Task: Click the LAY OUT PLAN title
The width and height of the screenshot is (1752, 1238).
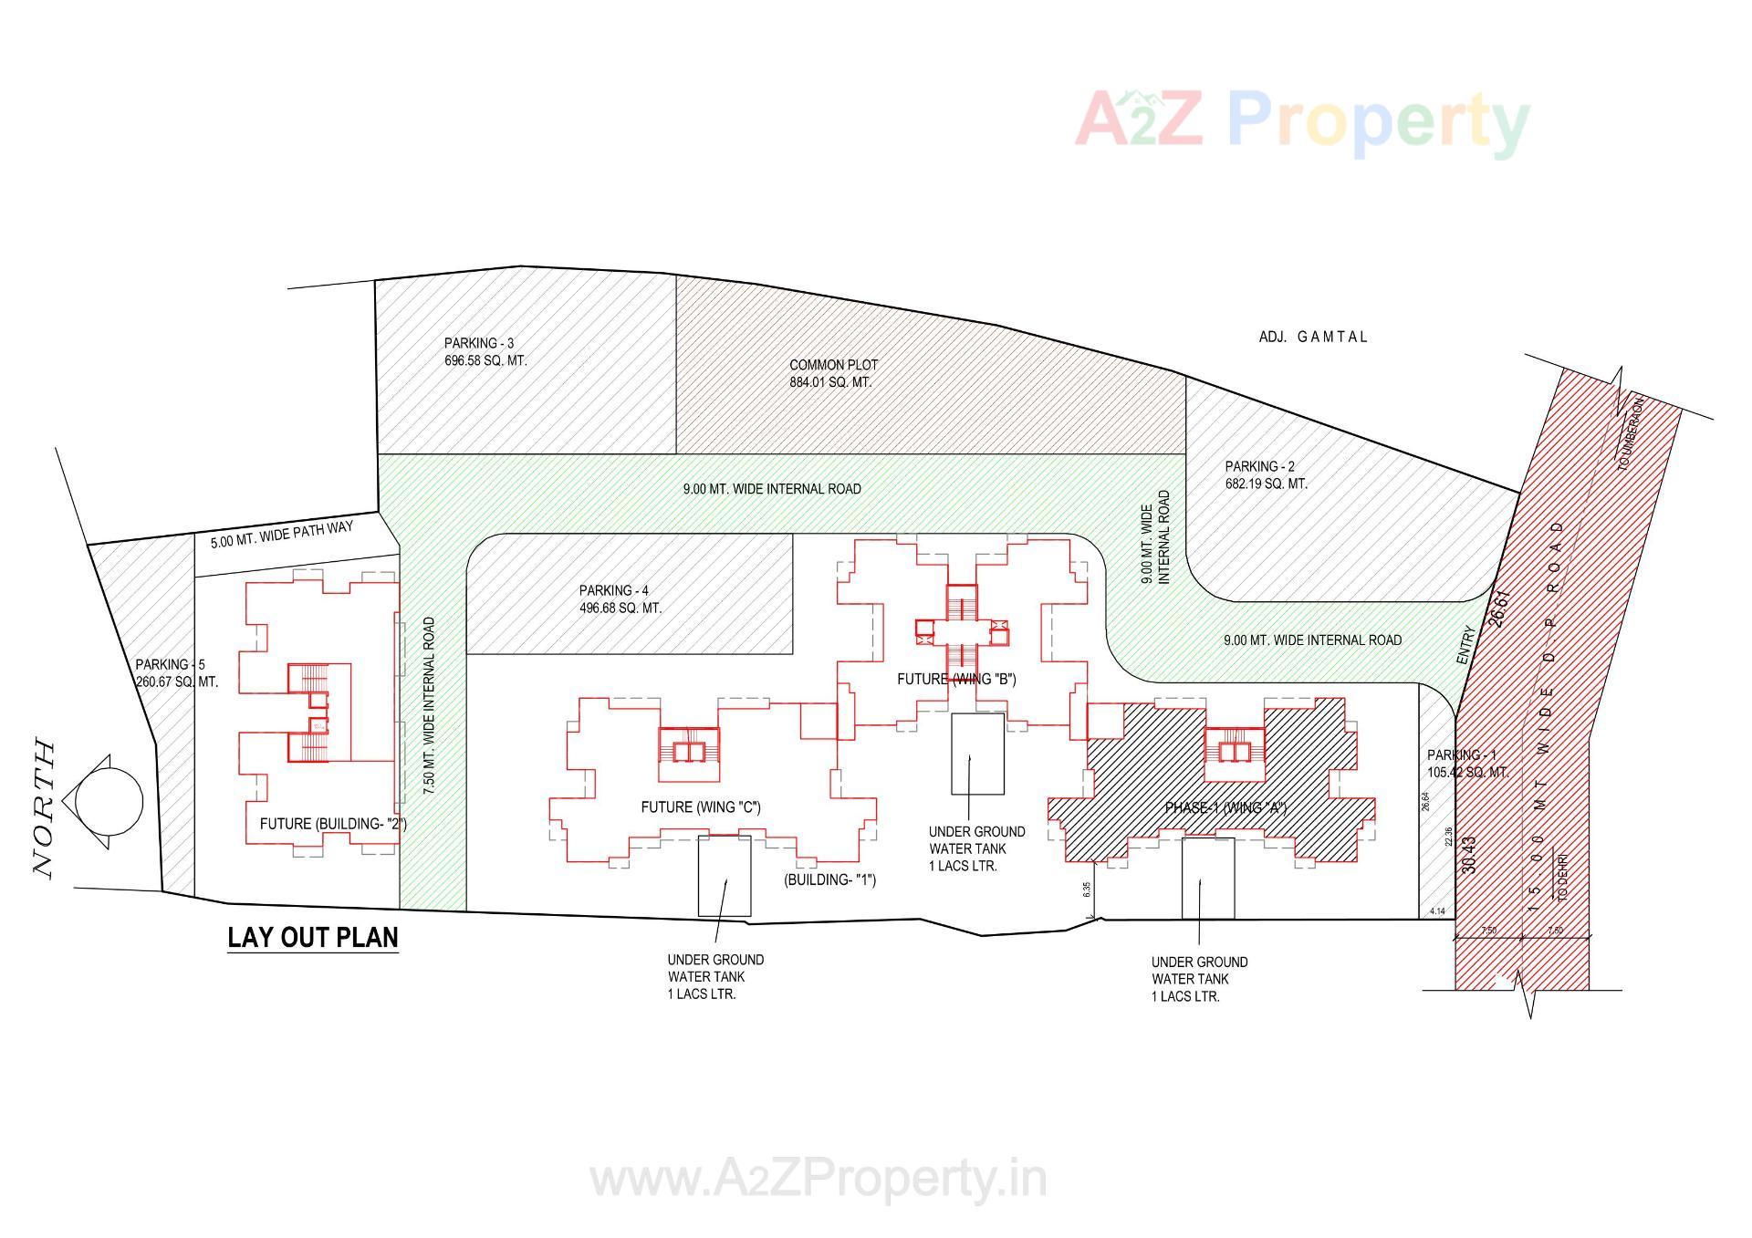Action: tap(312, 938)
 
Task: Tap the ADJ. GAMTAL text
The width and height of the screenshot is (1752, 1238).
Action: tap(1312, 337)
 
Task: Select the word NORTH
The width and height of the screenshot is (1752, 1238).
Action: tap(44, 810)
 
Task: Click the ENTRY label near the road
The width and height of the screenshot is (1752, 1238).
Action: tap(1465, 645)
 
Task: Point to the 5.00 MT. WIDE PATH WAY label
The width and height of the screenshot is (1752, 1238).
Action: tap(281, 535)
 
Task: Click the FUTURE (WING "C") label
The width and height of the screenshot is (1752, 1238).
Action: tap(700, 807)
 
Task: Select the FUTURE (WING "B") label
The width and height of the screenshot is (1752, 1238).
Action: tap(955, 679)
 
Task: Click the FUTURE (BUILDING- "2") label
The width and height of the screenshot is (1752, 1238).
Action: tap(333, 824)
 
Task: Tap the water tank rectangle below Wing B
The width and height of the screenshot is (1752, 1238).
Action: tap(977, 754)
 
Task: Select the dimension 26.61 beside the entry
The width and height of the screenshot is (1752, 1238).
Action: tap(1499, 607)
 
